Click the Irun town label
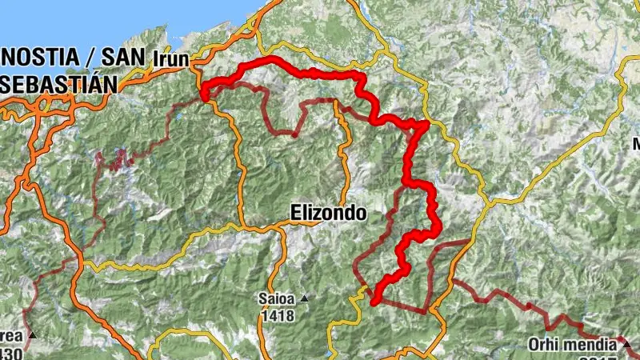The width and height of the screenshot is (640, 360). (170, 59)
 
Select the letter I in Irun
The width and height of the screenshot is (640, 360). (154, 59)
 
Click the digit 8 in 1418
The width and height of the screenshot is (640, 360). (290, 315)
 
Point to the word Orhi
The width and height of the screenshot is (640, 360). (542, 346)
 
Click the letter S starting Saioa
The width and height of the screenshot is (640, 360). (261, 299)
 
